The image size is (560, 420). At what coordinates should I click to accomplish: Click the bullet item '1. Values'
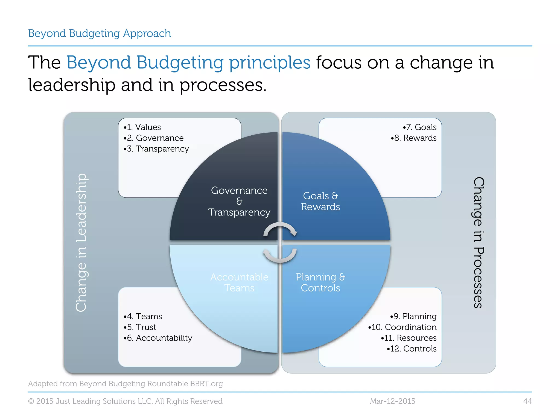point(142,127)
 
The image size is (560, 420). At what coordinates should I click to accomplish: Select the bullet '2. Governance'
point(154,138)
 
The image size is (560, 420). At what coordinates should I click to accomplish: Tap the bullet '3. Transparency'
point(156,149)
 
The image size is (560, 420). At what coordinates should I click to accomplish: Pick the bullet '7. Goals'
point(420,127)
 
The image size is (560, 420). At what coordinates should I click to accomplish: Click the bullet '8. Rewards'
point(414,138)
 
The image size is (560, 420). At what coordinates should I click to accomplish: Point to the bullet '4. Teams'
point(143,316)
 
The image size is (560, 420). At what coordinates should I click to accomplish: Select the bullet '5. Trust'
point(140,327)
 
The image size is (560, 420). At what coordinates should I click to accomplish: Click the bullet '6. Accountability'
point(158,338)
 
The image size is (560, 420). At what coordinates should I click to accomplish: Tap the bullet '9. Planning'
point(413,316)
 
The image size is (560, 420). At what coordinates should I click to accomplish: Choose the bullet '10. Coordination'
point(402,327)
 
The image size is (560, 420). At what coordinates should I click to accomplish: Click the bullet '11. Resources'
point(409,338)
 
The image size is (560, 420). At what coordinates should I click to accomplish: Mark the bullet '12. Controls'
point(412,349)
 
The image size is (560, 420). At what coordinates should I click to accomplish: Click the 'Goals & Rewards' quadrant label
point(320,202)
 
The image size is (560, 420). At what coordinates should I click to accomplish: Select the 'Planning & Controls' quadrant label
point(320,282)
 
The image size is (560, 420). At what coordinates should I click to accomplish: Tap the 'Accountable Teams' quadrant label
point(239,282)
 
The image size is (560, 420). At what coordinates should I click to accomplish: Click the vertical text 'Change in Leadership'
point(81,243)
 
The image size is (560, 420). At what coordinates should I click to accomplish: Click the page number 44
point(527,401)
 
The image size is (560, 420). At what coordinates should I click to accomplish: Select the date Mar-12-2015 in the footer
point(392,401)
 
